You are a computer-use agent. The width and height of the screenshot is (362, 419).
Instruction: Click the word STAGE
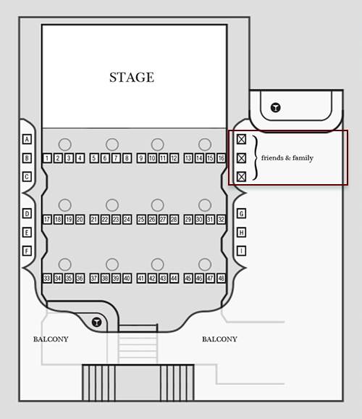(132, 78)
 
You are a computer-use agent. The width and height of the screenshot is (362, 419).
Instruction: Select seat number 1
(47, 158)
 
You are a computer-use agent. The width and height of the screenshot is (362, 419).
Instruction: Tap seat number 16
(221, 158)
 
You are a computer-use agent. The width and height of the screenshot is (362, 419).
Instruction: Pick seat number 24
(127, 220)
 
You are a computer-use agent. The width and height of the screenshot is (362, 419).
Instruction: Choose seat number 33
(47, 278)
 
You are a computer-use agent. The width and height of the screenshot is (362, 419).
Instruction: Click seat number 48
(221, 278)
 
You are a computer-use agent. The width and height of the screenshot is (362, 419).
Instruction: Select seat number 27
(163, 220)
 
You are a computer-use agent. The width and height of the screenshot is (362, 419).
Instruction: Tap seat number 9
(141, 158)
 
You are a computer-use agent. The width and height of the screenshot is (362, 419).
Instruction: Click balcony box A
(27, 139)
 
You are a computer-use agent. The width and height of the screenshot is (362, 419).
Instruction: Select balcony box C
(27, 177)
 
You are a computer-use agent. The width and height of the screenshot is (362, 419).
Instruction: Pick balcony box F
(27, 251)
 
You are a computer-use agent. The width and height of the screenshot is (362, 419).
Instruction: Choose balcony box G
(241, 214)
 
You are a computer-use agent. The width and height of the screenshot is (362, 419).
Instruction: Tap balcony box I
(241, 251)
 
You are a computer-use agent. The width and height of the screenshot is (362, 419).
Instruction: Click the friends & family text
(287, 158)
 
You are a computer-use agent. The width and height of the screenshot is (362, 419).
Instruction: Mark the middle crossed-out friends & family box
(241, 158)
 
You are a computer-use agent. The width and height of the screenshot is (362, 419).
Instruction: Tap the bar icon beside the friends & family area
(276, 108)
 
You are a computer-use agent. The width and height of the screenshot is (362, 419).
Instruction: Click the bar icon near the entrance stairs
(96, 322)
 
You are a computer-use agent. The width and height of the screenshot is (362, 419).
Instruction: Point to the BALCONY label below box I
(219, 339)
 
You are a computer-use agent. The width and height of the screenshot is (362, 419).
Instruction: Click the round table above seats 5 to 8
(112, 144)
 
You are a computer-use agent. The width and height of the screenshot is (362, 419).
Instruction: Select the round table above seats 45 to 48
(205, 265)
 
